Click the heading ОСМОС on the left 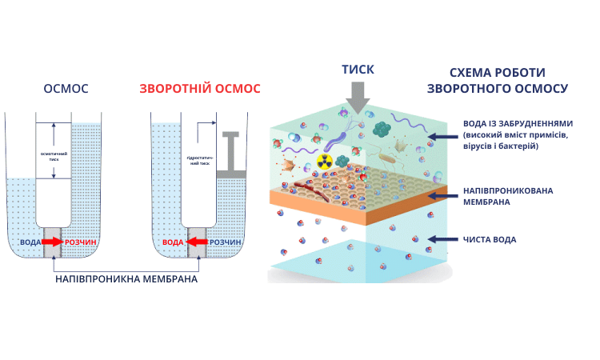[x=66, y=88]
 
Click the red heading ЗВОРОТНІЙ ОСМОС [x=200, y=88]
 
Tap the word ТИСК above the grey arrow [x=358, y=70]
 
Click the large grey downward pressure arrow [x=358, y=99]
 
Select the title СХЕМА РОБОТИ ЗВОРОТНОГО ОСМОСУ [x=498, y=79]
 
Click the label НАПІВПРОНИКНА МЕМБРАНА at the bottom [x=126, y=280]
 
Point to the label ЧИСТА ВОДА [x=490, y=239]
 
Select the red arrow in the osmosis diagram [x=53, y=242]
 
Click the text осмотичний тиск [x=53, y=156]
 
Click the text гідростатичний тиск [x=200, y=157]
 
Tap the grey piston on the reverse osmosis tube [x=230, y=152]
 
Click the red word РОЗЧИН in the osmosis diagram [x=81, y=242]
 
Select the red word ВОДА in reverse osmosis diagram [x=173, y=242]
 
